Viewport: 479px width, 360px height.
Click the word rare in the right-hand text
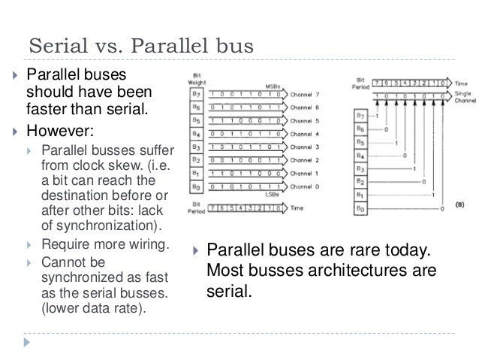(x=357, y=250)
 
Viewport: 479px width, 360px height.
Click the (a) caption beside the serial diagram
(x=457, y=203)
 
